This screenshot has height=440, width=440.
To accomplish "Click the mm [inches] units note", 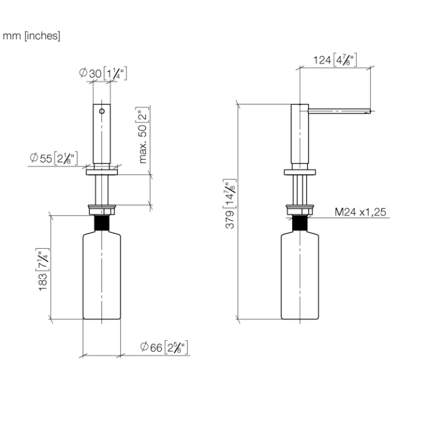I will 32,36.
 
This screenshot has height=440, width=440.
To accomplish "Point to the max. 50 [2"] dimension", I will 144,136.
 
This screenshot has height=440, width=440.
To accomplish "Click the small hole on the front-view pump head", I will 103,113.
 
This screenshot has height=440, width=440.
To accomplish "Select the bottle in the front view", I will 101,275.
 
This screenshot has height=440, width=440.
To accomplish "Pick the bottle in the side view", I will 299,275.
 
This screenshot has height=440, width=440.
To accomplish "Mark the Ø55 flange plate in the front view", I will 101,172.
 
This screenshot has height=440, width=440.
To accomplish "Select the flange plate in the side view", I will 299,172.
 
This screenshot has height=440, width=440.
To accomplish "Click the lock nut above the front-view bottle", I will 101,210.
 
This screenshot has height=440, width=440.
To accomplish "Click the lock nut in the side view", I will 299,210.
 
